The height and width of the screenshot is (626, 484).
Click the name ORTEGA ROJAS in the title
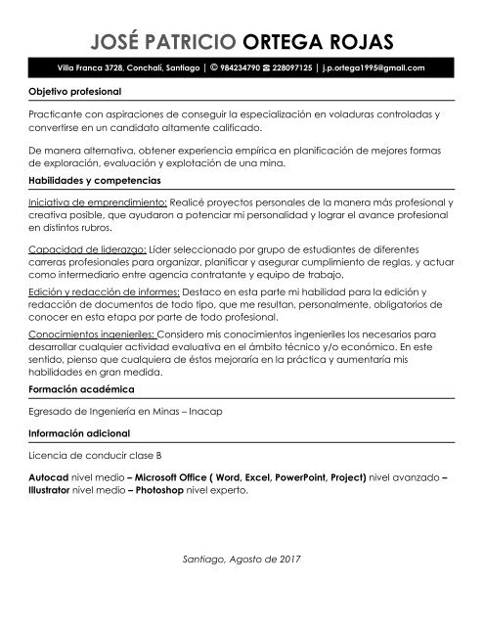coord(317,41)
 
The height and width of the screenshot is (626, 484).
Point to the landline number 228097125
coord(291,68)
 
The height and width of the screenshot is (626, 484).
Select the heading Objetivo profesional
coord(75,91)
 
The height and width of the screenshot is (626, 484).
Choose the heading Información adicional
coord(80,432)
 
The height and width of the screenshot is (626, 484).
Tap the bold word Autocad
coord(49,477)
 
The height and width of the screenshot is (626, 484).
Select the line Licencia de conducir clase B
coord(96,455)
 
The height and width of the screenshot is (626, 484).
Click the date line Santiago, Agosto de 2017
coord(242,559)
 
